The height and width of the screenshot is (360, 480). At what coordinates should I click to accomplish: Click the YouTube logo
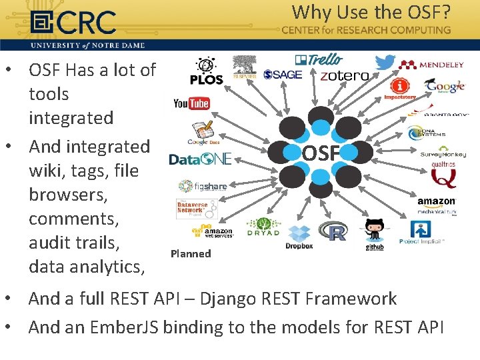tap(191, 103)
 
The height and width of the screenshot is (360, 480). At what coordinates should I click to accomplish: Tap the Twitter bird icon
tap(385, 63)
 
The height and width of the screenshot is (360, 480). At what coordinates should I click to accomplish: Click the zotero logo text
tap(344, 76)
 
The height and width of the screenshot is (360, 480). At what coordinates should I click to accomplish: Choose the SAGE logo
tap(283, 75)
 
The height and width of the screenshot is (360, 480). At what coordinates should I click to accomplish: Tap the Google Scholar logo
tap(445, 86)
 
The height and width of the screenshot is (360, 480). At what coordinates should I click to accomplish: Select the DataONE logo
tap(200, 159)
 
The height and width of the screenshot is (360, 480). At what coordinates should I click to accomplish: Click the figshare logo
tap(203, 187)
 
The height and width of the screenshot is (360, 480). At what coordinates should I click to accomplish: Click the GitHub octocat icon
tap(374, 230)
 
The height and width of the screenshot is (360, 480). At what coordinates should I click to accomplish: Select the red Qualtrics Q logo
tap(443, 175)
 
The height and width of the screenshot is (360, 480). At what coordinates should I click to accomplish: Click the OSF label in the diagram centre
tap(321, 153)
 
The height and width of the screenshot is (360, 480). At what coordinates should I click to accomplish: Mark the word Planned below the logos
tap(191, 253)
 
